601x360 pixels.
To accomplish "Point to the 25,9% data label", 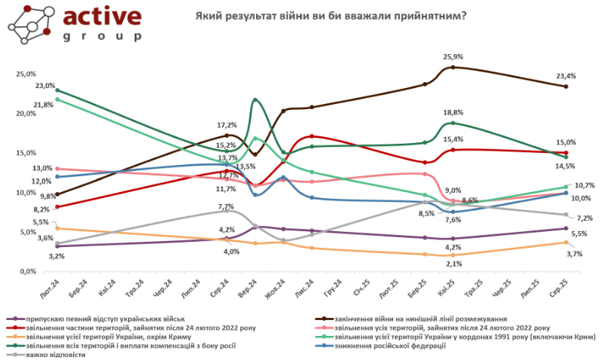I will [453, 57].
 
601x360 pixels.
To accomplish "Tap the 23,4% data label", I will [566, 76].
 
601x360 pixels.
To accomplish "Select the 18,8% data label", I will [453, 112].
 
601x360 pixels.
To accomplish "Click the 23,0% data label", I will [45, 86].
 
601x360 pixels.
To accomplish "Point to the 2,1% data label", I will [453, 264].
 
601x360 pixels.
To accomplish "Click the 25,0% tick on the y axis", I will [26, 75].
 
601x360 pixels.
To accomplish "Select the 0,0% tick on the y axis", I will [28, 271].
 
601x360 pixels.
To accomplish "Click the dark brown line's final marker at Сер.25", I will [566, 87].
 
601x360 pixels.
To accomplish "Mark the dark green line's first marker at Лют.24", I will [57, 90].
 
